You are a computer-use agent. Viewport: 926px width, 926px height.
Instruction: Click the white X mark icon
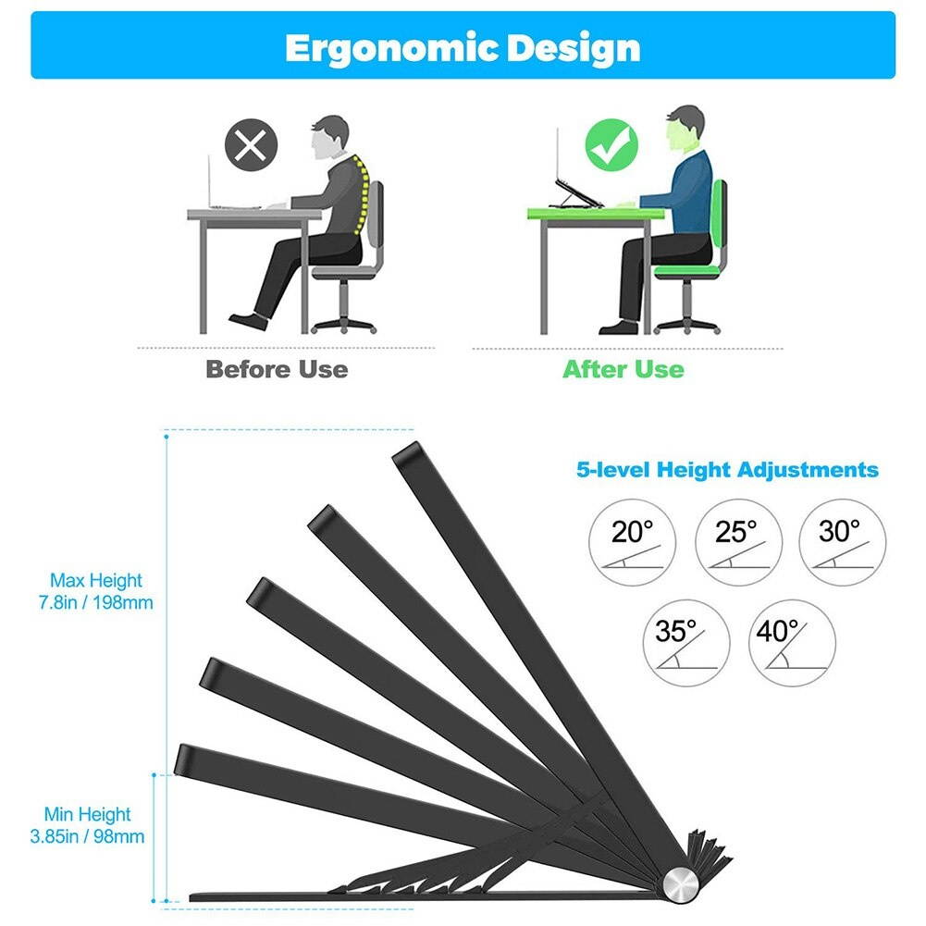pyautogui.click(x=251, y=145)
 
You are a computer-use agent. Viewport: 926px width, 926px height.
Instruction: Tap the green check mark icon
pyautogui.click(x=611, y=145)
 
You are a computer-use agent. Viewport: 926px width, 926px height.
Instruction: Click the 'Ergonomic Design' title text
pyautogui.click(x=463, y=47)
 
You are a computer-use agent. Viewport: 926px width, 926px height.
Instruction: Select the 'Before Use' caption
pyautogui.click(x=277, y=369)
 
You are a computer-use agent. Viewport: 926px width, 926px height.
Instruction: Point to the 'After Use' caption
pyautogui.click(x=624, y=369)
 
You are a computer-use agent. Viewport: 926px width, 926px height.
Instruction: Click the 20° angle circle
pyautogui.click(x=633, y=542)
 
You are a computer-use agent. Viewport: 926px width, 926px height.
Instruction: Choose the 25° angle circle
pyautogui.click(x=737, y=542)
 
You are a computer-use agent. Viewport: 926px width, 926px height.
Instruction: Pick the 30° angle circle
pyautogui.click(x=841, y=542)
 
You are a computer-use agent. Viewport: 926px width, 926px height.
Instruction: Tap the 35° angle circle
pyautogui.click(x=685, y=644)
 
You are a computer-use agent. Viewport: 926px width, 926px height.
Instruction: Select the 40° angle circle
pyautogui.click(x=791, y=644)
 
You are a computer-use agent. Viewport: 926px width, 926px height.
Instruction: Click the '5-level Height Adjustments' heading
pyautogui.click(x=727, y=470)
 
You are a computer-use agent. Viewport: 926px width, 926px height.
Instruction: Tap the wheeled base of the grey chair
pyautogui.click(x=344, y=323)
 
